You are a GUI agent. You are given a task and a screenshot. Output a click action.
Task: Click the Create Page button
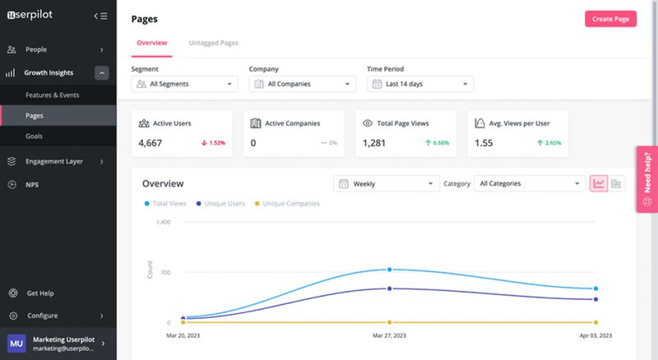[610, 19]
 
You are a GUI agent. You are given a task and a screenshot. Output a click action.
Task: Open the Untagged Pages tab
[213, 43]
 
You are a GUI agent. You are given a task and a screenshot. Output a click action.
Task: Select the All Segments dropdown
[184, 84]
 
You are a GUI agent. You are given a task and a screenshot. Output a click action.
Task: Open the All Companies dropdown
[302, 84]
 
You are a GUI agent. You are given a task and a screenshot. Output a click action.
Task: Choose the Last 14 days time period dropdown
[419, 84]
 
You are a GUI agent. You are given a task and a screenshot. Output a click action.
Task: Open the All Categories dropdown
[529, 183]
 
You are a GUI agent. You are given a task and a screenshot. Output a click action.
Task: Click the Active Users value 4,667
[151, 142]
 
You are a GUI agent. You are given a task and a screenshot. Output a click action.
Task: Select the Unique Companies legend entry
[288, 203]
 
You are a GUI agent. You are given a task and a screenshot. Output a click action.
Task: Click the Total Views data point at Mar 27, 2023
[389, 270]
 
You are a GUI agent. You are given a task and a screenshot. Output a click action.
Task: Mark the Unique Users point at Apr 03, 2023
[595, 299]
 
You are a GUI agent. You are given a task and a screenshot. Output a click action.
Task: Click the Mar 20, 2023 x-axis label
[183, 335]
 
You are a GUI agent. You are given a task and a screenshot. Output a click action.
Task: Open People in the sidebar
[36, 49]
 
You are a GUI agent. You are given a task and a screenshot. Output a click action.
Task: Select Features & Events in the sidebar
[53, 95]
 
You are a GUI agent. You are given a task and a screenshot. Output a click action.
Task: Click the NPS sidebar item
[32, 184]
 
